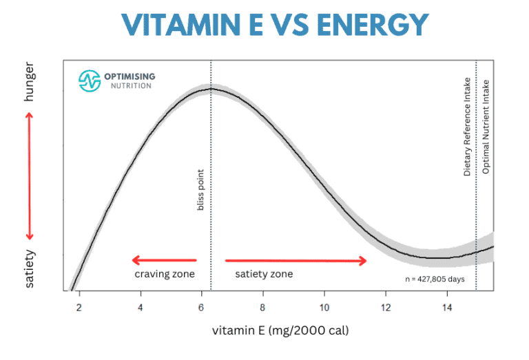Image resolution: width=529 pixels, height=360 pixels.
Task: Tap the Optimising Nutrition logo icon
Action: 90,81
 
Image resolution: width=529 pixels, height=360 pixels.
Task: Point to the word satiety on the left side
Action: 29,268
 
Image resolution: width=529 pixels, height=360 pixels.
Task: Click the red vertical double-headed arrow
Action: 30,176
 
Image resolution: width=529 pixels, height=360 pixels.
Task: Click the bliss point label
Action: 201,191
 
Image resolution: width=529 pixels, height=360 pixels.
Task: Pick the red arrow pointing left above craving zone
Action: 164,260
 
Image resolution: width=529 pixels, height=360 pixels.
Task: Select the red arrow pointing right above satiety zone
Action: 296,260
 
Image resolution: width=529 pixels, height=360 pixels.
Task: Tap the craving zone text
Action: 165,274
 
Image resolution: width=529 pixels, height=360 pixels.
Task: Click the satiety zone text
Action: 264,274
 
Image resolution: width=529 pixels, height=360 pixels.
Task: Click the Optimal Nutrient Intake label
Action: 486,127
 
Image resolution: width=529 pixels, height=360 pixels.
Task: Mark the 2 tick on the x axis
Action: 79,306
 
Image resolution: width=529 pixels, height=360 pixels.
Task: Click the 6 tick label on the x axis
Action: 202,306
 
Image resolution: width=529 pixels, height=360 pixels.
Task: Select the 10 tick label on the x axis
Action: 324,306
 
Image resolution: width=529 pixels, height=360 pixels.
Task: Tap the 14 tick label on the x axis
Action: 446,306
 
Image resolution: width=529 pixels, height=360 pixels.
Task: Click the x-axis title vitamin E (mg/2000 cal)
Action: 281,331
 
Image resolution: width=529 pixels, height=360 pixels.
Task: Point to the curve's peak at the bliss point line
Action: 211,88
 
